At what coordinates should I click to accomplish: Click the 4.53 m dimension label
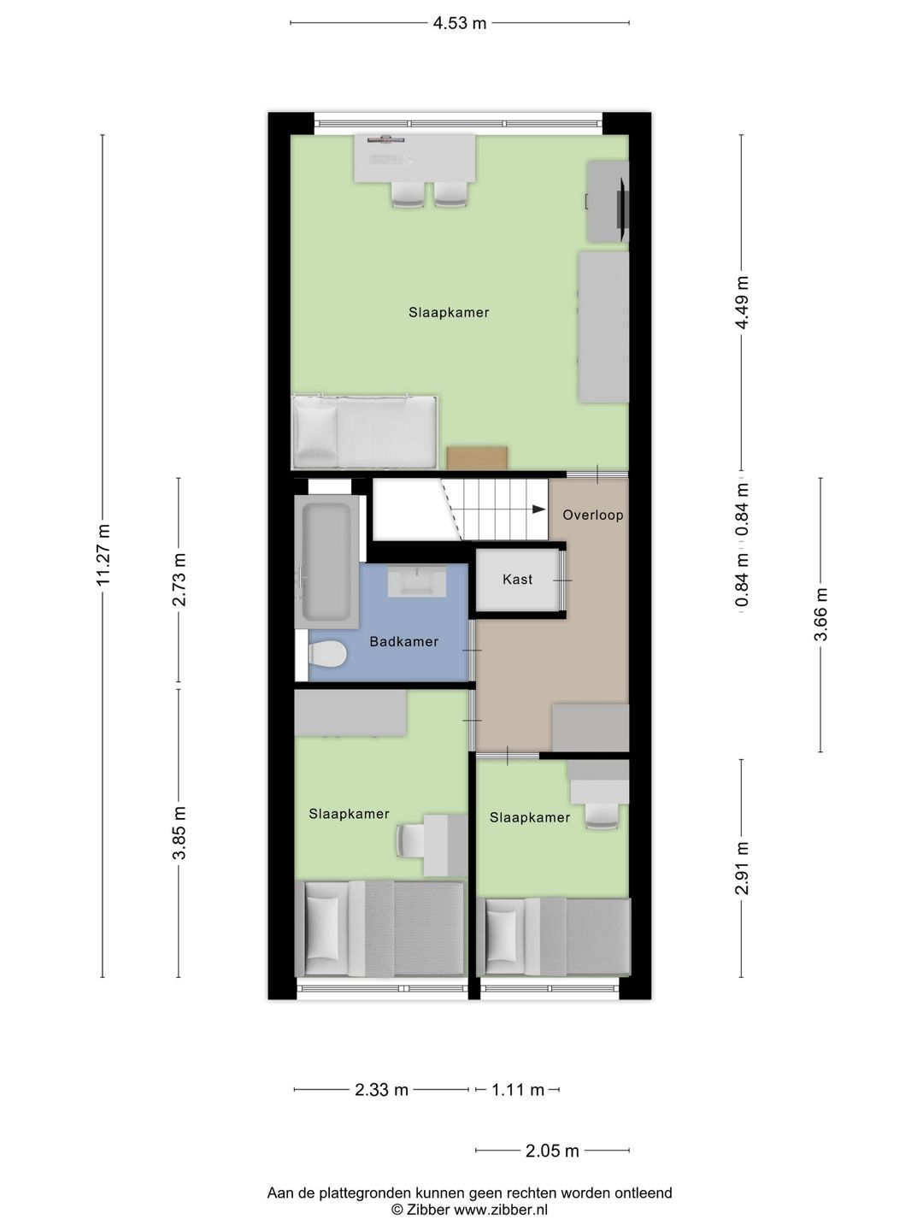pyautogui.click(x=460, y=24)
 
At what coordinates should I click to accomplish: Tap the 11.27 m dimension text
pyautogui.click(x=103, y=555)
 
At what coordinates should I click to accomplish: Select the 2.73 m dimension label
pyautogui.click(x=179, y=580)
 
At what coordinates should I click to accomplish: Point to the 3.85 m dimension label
pyautogui.click(x=179, y=833)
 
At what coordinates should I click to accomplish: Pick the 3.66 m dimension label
pyautogui.click(x=821, y=614)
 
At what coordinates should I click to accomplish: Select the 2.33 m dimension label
pyautogui.click(x=382, y=1090)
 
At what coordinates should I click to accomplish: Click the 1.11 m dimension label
pyautogui.click(x=518, y=1090)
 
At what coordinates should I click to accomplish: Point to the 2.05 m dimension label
pyautogui.click(x=552, y=1151)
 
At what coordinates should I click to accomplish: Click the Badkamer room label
pyautogui.click(x=404, y=642)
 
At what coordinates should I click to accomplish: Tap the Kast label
pyautogui.click(x=517, y=580)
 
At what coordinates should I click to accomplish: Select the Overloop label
pyautogui.click(x=593, y=515)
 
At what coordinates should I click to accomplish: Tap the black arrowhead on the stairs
pyautogui.click(x=538, y=509)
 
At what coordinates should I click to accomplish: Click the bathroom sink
pyautogui.click(x=417, y=581)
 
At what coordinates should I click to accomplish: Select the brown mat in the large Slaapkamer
pyautogui.click(x=477, y=457)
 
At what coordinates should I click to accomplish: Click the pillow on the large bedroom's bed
pyautogui.click(x=316, y=431)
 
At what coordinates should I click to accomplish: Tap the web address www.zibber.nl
pyautogui.click(x=501, y=1209)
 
